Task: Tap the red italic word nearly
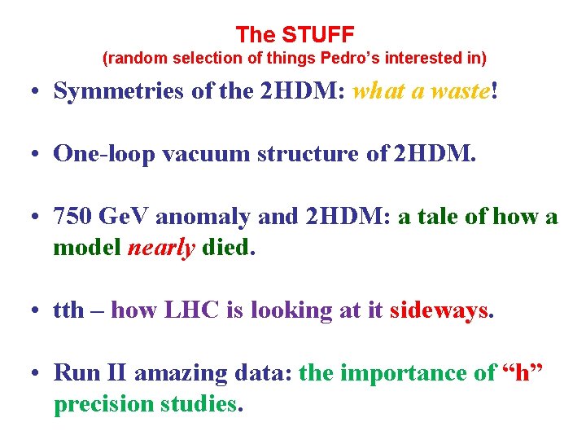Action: pyautogui.click(x=161, y=247)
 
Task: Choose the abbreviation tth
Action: pyautogui.click(x=68, y=310)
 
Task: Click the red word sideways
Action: pyautogui.click(x=439, y=310)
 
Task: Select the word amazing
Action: pyautogui.click(x=177, y=373)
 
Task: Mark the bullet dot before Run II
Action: pyautogui.click(x=38, y=373)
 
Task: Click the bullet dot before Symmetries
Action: pyautogui.click(x=38, y=90)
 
